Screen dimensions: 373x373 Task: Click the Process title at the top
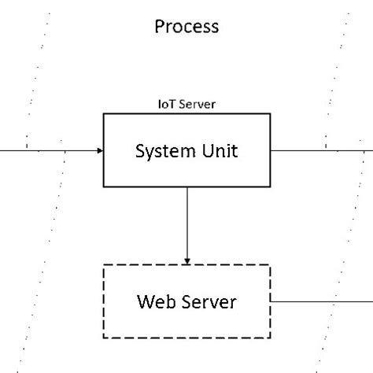[186, 27]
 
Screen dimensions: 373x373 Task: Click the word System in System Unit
[161, 150]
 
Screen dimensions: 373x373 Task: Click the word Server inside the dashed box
[207, 301]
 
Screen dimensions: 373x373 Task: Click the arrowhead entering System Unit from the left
[99, 150]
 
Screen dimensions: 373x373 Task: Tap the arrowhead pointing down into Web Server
[186, 260]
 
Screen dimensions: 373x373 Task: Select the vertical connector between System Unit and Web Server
[186, 224]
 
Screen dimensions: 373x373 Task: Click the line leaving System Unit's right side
[315, 150]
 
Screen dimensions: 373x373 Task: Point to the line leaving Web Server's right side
[319, 301]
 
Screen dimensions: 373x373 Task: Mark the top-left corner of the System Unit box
[104, 114]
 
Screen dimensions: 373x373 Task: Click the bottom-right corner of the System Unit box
[270, 186]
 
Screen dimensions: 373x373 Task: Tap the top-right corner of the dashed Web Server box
[269, 266]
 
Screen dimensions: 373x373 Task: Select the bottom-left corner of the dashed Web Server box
[104, 337]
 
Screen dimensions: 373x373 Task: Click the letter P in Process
[159, 27]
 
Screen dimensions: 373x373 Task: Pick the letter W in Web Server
[144, 301]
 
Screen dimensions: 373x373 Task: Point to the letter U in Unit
[208, 150]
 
